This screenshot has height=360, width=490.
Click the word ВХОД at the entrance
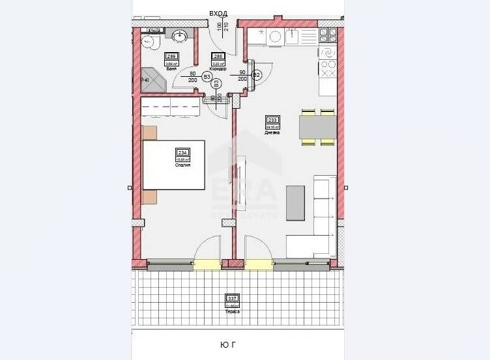click(219, 13)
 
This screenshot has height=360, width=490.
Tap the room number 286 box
click(172, 56)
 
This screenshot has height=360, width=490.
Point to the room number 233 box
click(272, 120)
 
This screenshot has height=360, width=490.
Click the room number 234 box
click(182, 152)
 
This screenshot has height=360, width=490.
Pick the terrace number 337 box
click(233, 299)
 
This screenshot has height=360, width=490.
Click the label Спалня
click(182, 165)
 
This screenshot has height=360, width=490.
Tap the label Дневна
click(272, 132)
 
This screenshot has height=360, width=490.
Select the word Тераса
click(233, 312)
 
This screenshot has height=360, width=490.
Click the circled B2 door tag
click(257, 75)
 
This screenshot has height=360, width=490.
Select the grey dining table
click(317, 126)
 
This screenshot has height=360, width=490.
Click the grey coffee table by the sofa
click(295, 202)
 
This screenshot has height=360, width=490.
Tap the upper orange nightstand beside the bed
click(149, 132)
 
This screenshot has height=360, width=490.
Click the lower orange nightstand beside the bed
click(149, 197)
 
